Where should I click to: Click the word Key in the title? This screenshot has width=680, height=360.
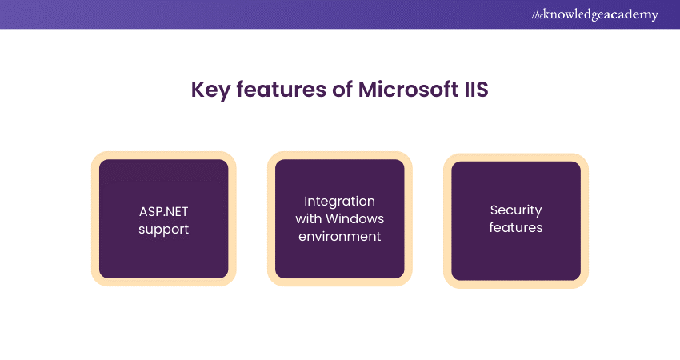point(210,90)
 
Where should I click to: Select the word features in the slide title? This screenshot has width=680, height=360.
point(282,90)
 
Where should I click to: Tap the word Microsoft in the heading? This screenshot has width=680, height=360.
point(408,90)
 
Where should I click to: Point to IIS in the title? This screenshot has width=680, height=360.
point(477,90)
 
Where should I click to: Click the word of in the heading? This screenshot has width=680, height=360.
point(342,90)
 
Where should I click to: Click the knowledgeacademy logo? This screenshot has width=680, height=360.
point(594,14)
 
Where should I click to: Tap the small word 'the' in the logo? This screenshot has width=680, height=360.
point(537,16)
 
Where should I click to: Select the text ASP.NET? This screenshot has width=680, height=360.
point(163,212)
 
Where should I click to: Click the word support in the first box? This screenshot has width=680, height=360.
point(163,230)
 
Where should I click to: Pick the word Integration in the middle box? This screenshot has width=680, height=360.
point(339,202)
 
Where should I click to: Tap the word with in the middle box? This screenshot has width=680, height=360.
point(308,218)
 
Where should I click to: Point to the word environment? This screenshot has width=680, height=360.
point(339,236)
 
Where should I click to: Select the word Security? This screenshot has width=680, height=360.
point(516,210)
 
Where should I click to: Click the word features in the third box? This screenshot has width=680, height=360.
point(516,227)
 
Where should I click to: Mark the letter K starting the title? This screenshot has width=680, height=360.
point(198,90)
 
